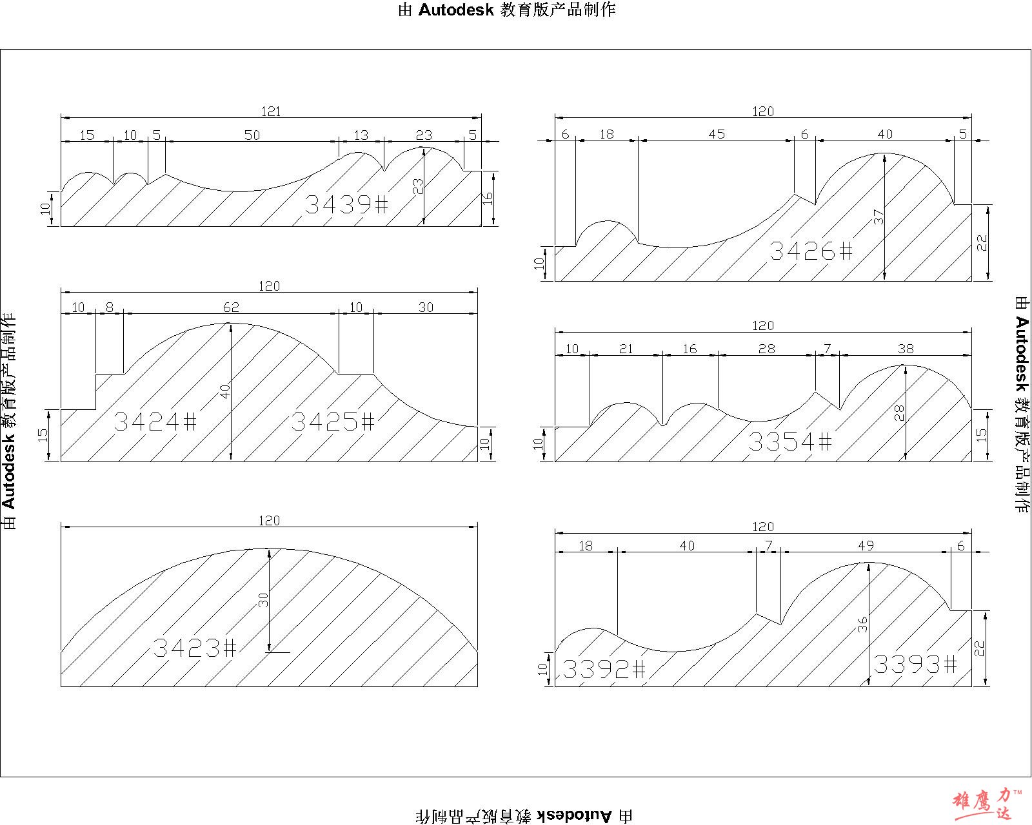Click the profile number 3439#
[346, 204]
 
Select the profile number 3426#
[811, 251]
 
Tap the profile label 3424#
[155, 422]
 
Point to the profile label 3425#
[333, 422]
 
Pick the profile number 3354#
[790, 442]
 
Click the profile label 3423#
[195, 647]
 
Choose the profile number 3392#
[604, 669]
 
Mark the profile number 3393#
[915, 663]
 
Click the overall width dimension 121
[271, 112]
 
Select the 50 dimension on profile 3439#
[252, 135]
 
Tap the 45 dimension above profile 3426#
[717, 134]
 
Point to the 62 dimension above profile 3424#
[231, 307]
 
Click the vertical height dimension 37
[879, 218]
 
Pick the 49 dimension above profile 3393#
[866, 546]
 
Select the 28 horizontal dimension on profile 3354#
[767, 349]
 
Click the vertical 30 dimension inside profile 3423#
[263, 600]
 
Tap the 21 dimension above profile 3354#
[626, 349]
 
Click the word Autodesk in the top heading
[456, 10]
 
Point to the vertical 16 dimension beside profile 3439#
[488, 199]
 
